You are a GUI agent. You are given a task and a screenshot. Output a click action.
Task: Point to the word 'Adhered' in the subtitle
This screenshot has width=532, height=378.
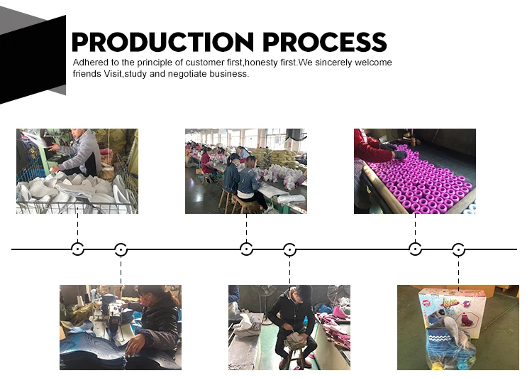click(90, 63)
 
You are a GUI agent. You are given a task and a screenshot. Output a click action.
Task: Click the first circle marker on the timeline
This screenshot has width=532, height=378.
click(77, 249)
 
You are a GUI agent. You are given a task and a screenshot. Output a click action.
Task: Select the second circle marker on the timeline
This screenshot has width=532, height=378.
click(121, 249)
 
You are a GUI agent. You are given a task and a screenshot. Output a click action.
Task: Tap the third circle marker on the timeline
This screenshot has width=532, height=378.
click(246, 249)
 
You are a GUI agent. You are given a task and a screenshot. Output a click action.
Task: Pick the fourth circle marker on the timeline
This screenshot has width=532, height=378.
click(289, 249)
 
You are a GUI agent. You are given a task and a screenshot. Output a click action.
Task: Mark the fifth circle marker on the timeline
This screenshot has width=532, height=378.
click(415, 249)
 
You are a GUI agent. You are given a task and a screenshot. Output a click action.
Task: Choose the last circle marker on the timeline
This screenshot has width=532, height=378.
click(458, 249)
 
